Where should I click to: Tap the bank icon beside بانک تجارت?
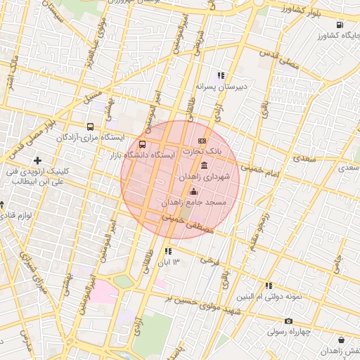202,141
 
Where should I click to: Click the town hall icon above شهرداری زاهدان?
204,165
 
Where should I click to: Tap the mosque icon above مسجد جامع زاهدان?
194,191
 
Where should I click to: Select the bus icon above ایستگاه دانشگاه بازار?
143,143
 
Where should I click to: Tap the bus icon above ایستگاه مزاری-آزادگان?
90,127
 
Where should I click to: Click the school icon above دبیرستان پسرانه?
220,75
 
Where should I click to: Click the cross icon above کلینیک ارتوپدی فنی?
38,161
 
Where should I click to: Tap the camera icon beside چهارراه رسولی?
288,321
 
